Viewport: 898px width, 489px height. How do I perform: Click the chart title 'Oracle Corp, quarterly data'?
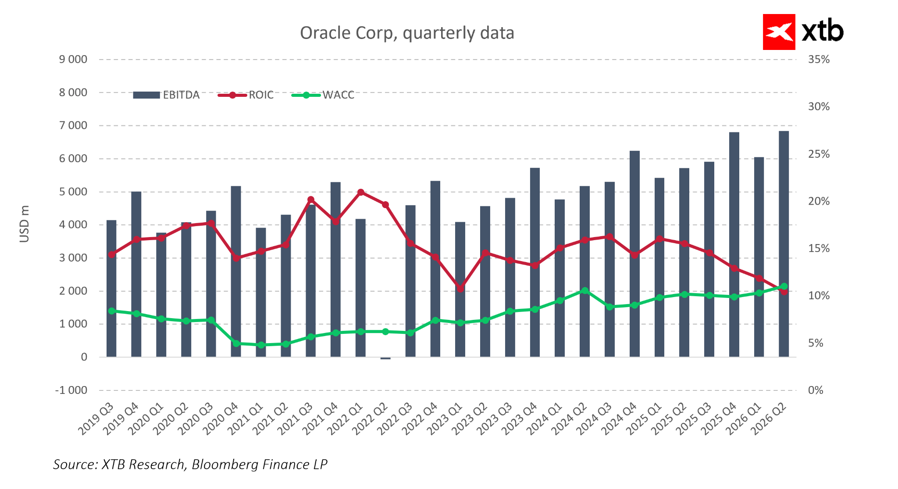(x=407, y=33)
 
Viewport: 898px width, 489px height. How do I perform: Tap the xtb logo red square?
(x=779, y=32)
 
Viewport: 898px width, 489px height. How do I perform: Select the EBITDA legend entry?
(x=167, y=95)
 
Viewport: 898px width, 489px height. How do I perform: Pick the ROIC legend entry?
(x=246, y=95)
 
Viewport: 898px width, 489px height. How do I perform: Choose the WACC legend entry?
(x=323, y=95)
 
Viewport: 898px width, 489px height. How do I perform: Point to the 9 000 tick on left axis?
(x=73, y=60)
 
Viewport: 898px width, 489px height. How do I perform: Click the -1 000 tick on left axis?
(x=71, y=390)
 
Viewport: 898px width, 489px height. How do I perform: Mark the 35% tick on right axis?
(x=819, y=60)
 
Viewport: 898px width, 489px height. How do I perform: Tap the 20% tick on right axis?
(x=819, y=202)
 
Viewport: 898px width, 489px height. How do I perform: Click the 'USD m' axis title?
(x=25, y=224)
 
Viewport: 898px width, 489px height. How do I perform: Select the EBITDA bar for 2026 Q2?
(x=784, y=244)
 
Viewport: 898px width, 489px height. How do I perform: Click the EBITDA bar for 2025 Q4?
(x=734, y=244)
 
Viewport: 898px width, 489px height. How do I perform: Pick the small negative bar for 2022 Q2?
(x=385, y=358)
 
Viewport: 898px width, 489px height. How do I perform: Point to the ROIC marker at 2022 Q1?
(x=361, y=192)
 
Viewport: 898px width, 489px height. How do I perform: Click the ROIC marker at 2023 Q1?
(x=460, y=289)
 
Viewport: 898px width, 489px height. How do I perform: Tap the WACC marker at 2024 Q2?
(x=584, y=291)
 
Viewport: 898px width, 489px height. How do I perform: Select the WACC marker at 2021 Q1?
(x=261, y=345)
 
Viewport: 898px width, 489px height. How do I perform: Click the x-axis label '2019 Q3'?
(x=96, y=419)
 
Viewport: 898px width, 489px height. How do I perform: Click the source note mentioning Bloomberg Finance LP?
(x=190, y=464)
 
